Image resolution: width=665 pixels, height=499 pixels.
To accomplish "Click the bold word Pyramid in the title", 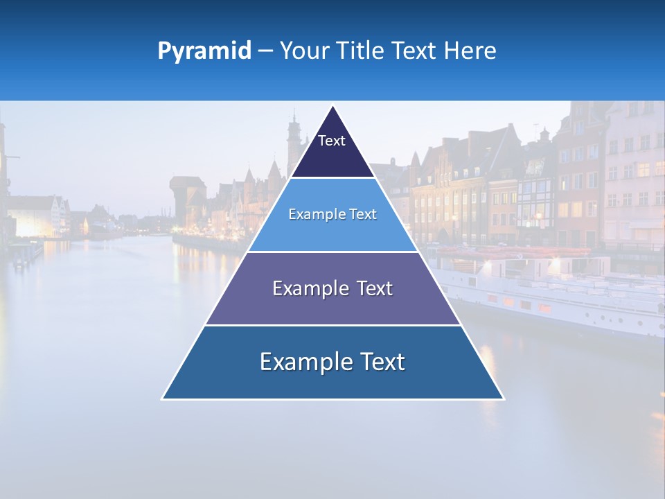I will [x=204, y=51].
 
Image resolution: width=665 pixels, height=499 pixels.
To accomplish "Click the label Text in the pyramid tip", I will [x=332, y=141].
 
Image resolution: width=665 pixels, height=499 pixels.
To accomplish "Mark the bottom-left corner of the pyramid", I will [x=163, y=399].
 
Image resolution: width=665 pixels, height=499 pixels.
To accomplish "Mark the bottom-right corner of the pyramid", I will [x=504, y=399].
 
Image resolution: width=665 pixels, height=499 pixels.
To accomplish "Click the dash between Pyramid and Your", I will [x=265, y=51].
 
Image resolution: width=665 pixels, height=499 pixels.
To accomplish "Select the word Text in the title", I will [x=415, y=51].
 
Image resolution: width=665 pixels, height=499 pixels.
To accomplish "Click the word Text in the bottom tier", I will [x=380, y=362].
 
